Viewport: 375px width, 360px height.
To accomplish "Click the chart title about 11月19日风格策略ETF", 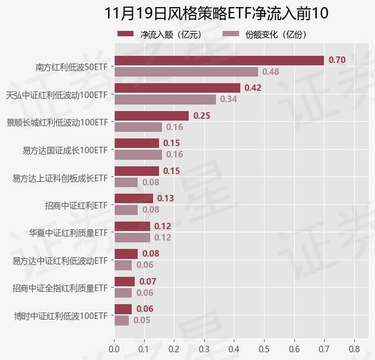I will coord(216,14).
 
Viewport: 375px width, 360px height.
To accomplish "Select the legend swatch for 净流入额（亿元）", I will coord(126,34).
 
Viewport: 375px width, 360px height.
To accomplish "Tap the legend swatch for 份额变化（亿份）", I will coord(230,34).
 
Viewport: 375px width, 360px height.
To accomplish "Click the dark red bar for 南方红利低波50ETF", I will coord(219,60).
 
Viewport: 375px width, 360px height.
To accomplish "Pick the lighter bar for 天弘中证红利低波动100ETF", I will coord(165,99).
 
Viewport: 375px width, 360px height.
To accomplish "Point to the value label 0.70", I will coord(337,60).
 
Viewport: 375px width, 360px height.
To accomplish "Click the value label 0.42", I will coord(253,88).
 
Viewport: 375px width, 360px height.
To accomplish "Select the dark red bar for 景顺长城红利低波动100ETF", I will coord(151,115).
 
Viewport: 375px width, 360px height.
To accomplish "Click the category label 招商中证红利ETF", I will coord(76,206).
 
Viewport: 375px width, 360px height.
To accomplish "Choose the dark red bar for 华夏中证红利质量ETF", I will coord(132,226).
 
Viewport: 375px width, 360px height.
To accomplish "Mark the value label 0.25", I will coord(202,115).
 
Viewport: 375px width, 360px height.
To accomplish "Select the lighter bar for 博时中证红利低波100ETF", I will coord(121,320).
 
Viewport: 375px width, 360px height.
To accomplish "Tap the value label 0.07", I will coord(148,281).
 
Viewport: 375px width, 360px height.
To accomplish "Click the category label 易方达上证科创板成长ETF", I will coord(60,178).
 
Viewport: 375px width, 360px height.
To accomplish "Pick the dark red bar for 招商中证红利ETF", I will coord(134,198).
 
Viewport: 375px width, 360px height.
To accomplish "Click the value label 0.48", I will coord(271,72).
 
